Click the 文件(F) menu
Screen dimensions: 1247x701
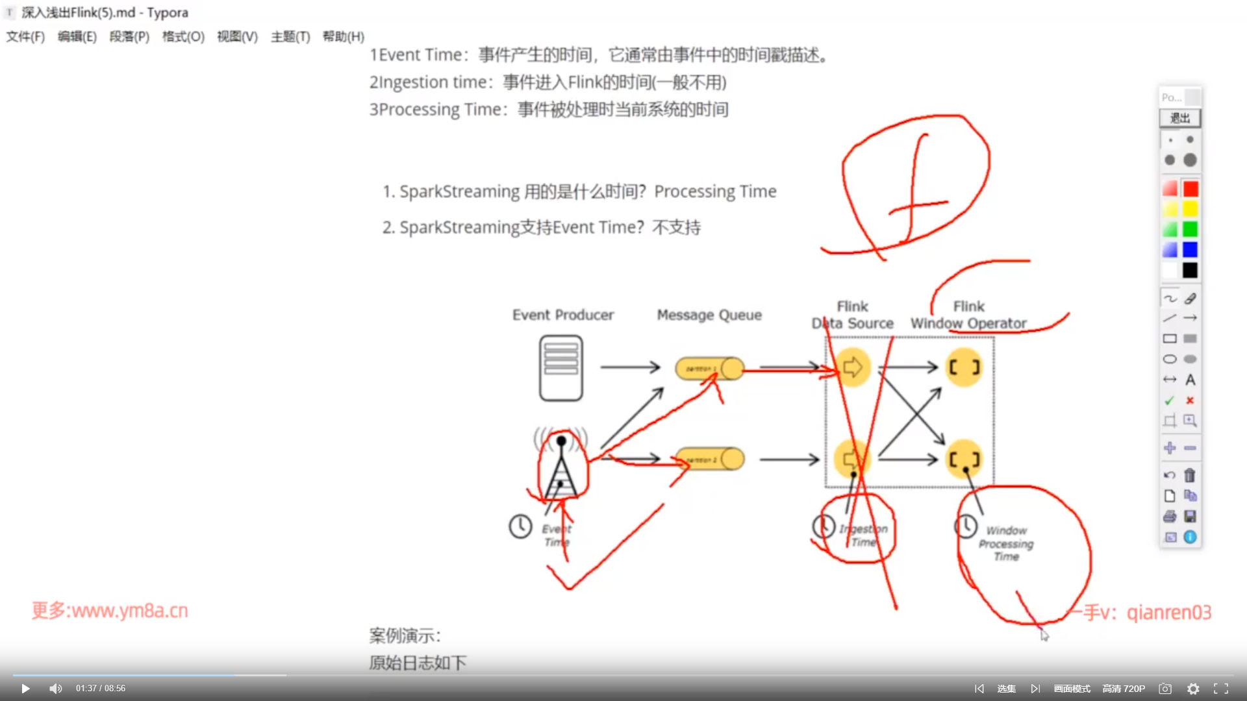coord(25,37)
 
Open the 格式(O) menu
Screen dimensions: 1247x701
coord(183,37)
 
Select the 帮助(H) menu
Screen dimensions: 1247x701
coord(343,37)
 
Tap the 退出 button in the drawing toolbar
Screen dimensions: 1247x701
coord(1179,118)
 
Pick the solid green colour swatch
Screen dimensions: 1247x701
coord(1190,229)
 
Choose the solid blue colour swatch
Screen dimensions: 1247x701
coord(1190,250)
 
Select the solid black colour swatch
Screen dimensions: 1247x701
coord(1190,270)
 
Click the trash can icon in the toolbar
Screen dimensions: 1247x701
coord(1190,476)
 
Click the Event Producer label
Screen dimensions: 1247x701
coord(562,315)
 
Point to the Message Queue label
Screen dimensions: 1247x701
coord(709,315)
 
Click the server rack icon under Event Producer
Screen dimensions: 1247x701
coord(561,368)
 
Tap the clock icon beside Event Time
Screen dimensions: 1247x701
coord(520,526)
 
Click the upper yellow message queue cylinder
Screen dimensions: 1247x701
coord(709,368)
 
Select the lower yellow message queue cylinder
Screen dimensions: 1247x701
coord(709,459)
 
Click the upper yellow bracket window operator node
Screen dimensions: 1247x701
coord(964,367)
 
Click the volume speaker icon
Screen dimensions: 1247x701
coord(56,689)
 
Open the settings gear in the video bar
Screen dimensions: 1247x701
coord(1193,689)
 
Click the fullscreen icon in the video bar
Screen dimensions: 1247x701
coord(1221,689)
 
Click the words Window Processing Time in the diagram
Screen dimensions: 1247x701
coord(1006,544)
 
